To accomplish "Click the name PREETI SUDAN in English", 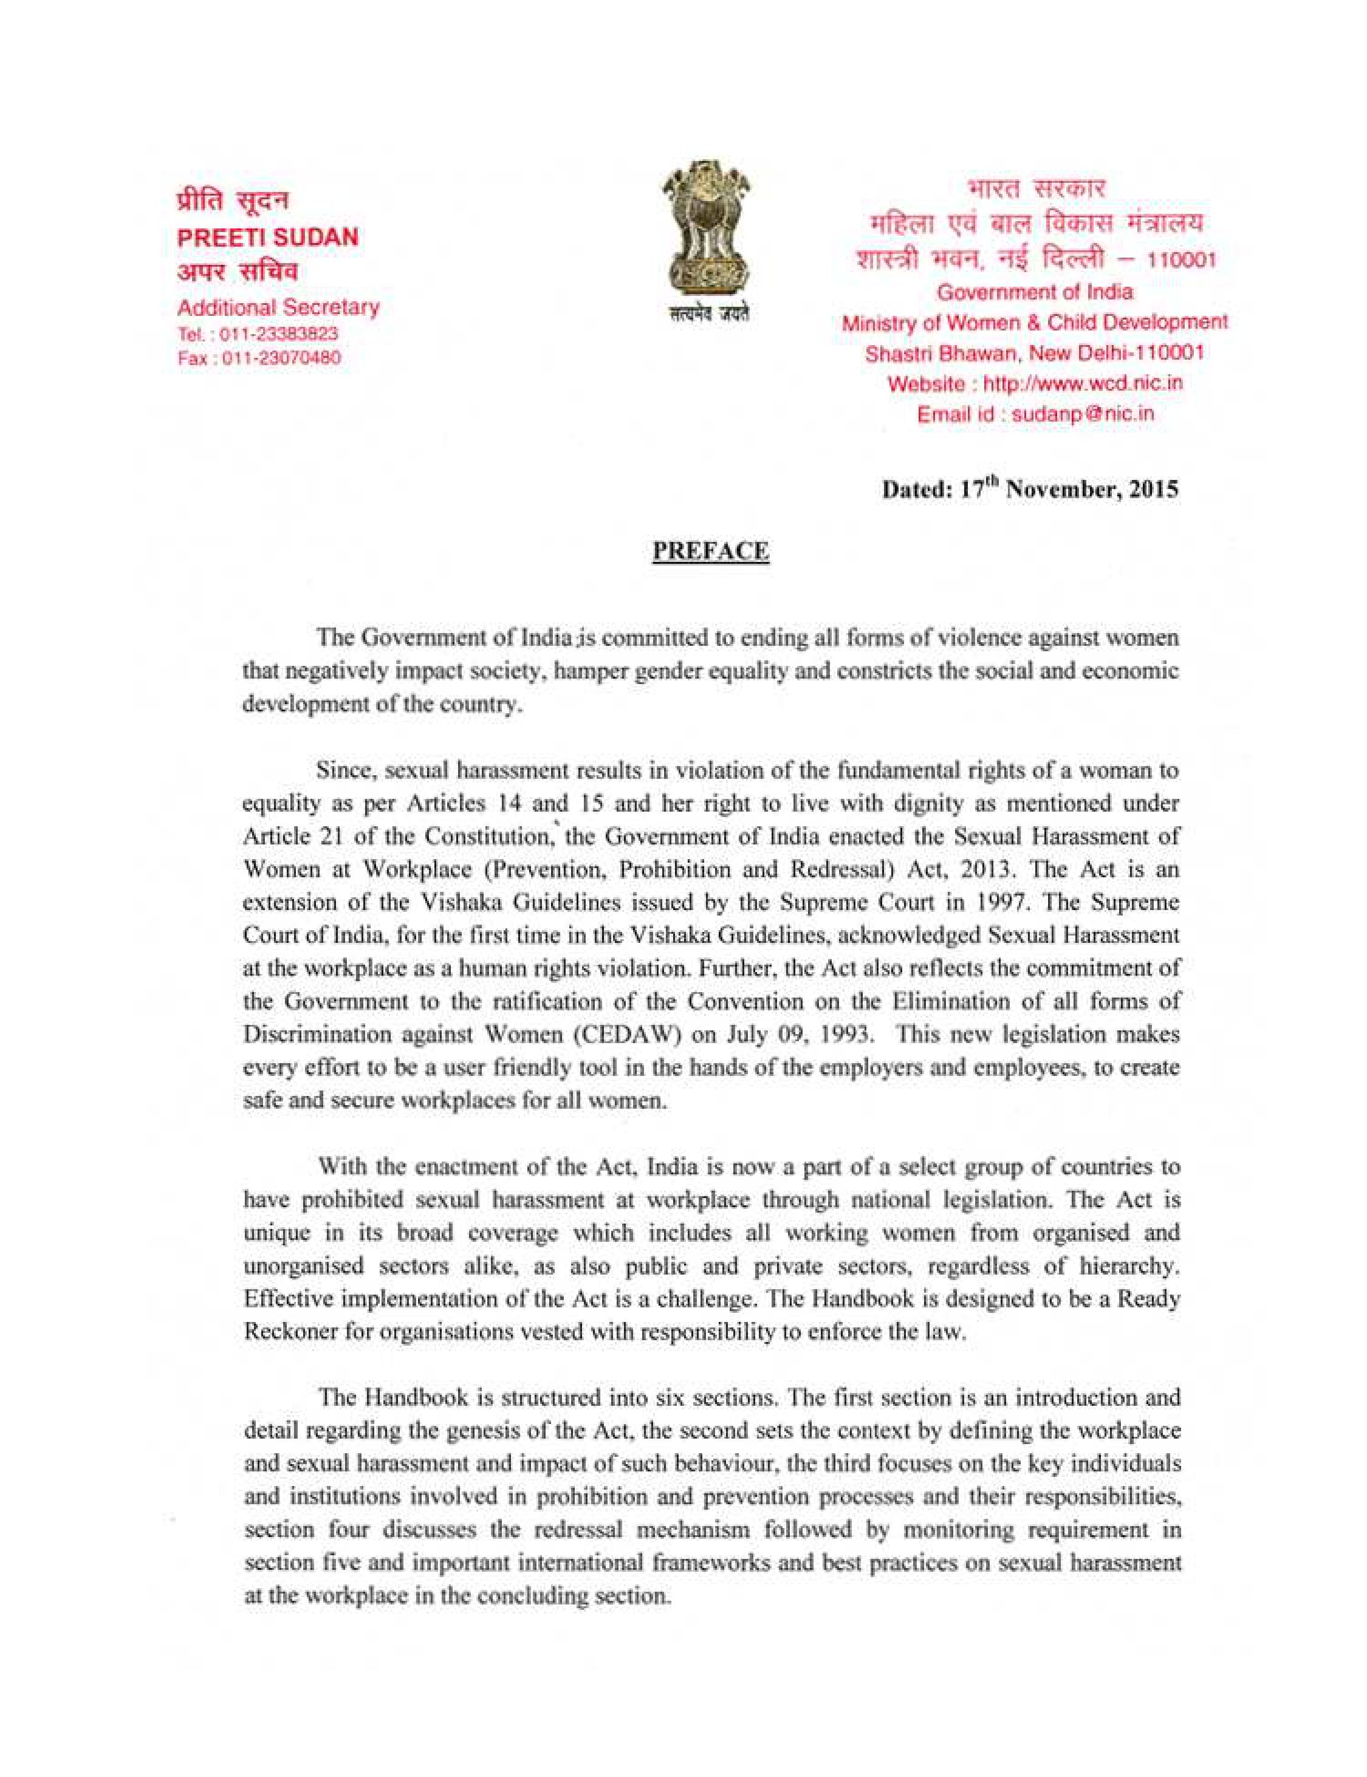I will click(x=268, y=237).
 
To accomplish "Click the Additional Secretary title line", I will click(x=278, y=307).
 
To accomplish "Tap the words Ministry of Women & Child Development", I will click(x=1034, y=322).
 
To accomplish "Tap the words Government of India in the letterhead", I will click(x=1034, y=291).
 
